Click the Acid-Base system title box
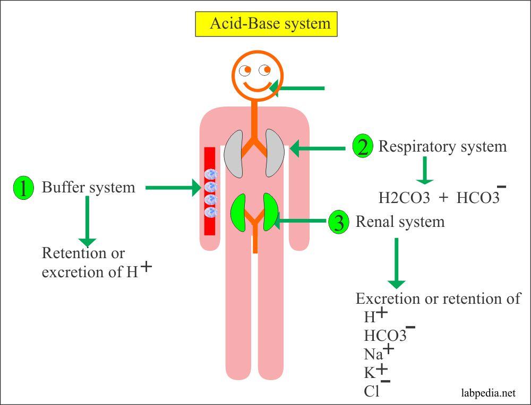266,24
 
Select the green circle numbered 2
363,147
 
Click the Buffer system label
88,187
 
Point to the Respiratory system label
442,146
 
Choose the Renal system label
400,222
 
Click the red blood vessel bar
210,191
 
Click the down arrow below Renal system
396,262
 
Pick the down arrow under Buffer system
87,220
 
